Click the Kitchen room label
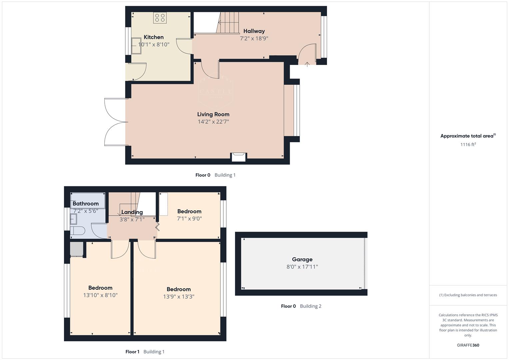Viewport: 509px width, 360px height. click(154, 37)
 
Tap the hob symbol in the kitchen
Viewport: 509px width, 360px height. click(160, 18)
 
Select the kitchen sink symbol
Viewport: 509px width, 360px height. click(136, 46)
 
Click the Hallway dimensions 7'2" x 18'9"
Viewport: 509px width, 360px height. click(254, 38)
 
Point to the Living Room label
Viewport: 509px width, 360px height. click(213, 114)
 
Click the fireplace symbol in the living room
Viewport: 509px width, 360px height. click(239, 156)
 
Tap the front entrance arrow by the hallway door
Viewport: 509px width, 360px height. click(307, 64)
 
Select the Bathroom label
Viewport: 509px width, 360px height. click(86, 203)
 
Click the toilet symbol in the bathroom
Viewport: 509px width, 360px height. click(78, 231)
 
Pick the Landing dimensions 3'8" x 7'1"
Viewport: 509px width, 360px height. click(132, 219)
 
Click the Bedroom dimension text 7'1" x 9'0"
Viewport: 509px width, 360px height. click(189, 219)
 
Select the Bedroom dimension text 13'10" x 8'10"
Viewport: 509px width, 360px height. click(100, 295)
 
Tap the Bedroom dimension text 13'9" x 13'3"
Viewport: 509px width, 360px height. click(179, 296)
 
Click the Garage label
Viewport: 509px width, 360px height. click(302, 259)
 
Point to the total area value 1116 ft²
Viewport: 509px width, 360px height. click(468, 144)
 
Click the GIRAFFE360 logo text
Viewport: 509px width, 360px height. click(468, 345)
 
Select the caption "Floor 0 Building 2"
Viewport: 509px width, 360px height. click(301, 306)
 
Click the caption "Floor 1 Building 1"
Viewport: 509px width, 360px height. click(145, 352)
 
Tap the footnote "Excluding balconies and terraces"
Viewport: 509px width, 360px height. click(468, 295)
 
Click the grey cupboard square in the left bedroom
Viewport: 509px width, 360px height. click(76, 249)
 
